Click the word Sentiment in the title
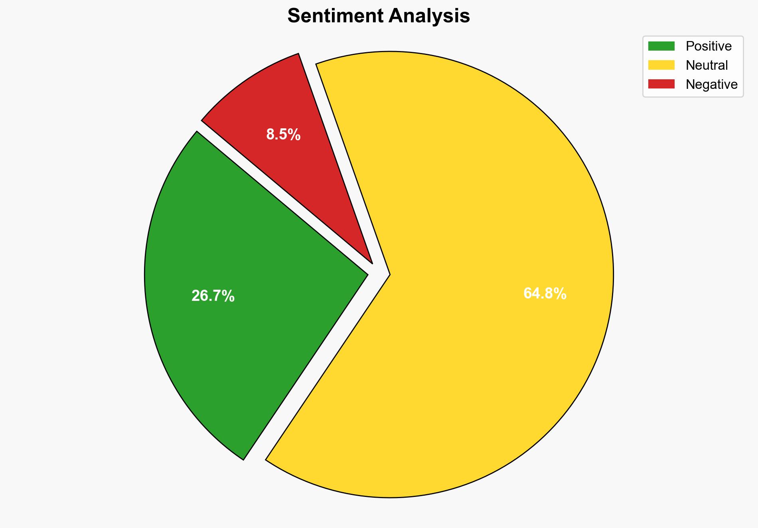pyautogui.click(x=336, y=16)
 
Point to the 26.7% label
pyautogui.click(x=213, y=296)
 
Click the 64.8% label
pyautogui.click(x=545, y=294)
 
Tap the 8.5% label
pyautogui.click(x=283, y=135)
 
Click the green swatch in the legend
pyautogui.click(x=661, y=46)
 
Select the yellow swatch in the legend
pyautogui.click(x=661, y=65)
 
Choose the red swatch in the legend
pyautogui.click(x=661, y=84)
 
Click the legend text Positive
pyautogui.click(x=709, y=46)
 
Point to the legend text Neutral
pyautogui.click(x=707, y=65)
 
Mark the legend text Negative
pyautogui.click(x=711, y=84)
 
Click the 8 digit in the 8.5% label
pyautogui.click(x=270, y=135)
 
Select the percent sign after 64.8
pyautogui.click(x=560, y=294)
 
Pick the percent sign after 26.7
pyautogui.click(x=228, y=296)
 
